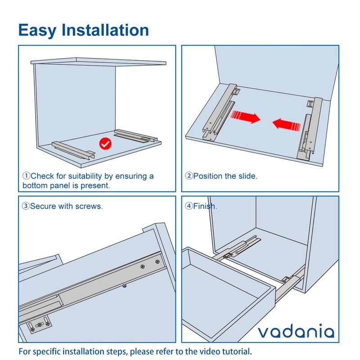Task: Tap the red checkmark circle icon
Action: (x=105, y=144)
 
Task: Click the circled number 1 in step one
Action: (x=26, y=176)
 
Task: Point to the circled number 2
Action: (x=189, y=176)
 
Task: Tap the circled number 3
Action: (x=26, y=206)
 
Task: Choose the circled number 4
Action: (x=189, y=206)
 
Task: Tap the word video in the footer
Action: (x=202, y=351)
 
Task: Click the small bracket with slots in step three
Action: (x=40, y=323)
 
